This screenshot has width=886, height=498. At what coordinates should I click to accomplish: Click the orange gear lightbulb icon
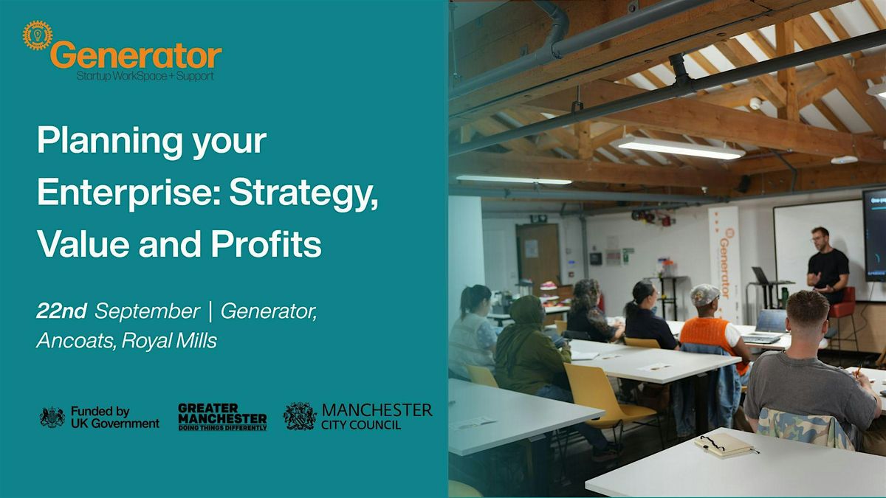[38, 35]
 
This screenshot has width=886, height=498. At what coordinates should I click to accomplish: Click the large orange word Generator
[136, 55]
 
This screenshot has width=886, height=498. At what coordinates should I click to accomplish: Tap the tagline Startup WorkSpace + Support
[145, 76]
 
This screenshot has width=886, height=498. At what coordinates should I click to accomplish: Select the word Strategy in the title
[303, 195]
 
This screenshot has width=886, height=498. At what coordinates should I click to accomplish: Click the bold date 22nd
[61, 311]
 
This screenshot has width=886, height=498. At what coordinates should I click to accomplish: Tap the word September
[148, 312]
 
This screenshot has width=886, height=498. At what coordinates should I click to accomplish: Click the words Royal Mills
[170, 341]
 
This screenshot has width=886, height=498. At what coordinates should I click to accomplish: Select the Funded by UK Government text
[115, 418]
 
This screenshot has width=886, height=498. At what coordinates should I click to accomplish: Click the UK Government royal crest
[52, 418]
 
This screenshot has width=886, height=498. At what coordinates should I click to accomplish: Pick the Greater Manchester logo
[222, 417]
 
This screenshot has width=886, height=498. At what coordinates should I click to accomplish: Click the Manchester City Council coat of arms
[300, 417]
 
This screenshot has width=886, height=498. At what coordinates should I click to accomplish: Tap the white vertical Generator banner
[724, 264]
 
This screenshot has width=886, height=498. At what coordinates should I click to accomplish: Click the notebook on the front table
[724, 445]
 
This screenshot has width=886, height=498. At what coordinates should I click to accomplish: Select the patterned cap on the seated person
[704, 294]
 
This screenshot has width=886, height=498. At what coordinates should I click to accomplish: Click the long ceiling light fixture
[677, 148]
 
